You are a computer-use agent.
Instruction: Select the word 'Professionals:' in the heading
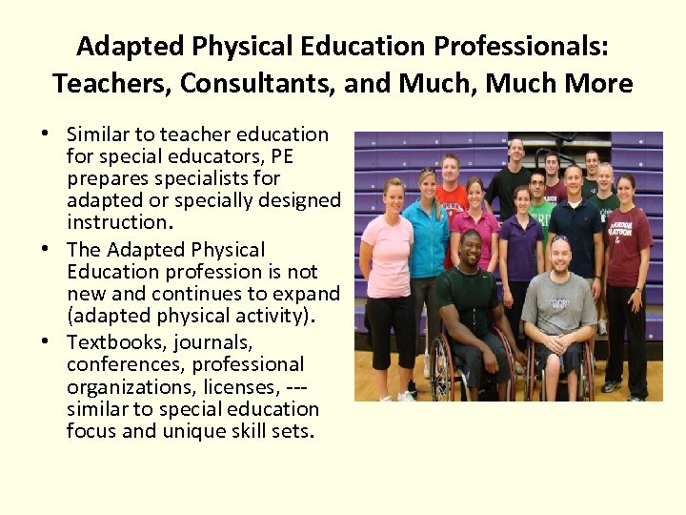[518, 46]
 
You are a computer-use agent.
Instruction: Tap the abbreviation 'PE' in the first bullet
[283, 156]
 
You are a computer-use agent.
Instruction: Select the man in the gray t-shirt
[559, 305]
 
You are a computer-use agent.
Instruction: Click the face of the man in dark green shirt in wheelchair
[470, 253]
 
